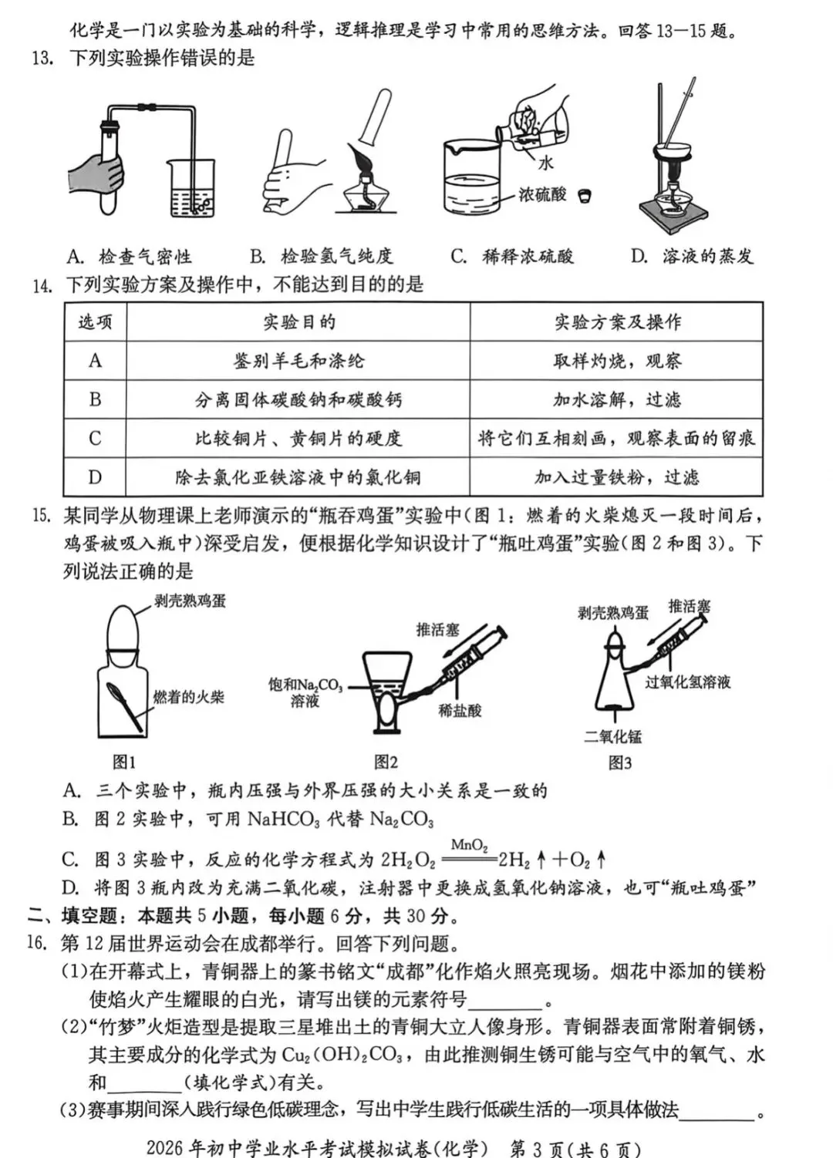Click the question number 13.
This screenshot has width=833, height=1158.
point(42,59)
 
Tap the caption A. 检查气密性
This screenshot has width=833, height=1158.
point(129,256)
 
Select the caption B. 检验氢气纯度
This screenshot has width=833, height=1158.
point(322,256)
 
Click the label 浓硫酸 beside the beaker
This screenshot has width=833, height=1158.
point(541,195)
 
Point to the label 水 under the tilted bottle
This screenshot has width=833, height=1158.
point(546,163)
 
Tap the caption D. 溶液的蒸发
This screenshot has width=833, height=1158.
point(692,256)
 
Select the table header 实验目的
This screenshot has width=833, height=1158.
point(298,322)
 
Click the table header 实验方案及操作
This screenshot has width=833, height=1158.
point(617,322)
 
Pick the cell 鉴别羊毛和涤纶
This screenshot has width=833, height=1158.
point(298,361)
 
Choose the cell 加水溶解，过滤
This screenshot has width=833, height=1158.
point(617,399)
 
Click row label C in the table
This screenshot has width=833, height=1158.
point(95,438)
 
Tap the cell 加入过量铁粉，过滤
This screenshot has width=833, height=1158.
point(617,477)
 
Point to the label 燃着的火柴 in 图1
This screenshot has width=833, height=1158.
point(188,698)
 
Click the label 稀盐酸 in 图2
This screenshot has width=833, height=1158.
point(460,711)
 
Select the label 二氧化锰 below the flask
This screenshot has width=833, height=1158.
point(612,737)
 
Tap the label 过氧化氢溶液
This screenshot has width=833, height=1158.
point(687,682)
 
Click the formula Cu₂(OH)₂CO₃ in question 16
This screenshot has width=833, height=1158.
point(341,1055)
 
